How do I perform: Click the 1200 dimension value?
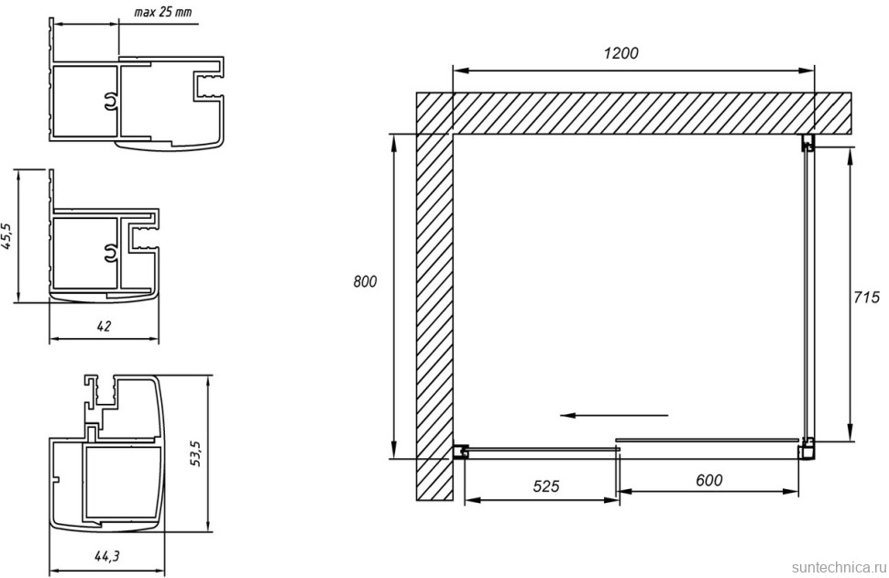(x=620, y=53)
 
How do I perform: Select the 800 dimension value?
(x=365, y=281)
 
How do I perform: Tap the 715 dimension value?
(x=866, y=297)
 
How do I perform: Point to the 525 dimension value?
(x=546, y=485)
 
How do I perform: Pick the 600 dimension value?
(x=708, y=480)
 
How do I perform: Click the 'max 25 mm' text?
(x=163, y=12)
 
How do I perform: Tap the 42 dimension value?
(x=104, y=326)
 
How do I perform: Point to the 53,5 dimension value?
(x=195, y=453)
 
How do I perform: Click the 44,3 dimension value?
(x=106, y=556)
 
